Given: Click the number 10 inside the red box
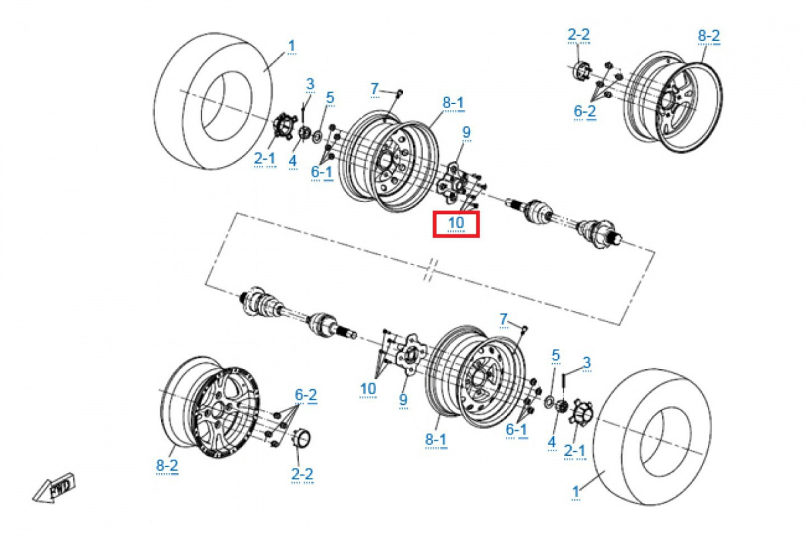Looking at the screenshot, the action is click(x=456, y=223).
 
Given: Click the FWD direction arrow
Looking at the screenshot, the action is click(x=54, y=488).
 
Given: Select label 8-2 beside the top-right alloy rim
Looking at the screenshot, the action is click(x=709, y=36).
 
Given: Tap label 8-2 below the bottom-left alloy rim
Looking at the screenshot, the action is click(x=167, y=466).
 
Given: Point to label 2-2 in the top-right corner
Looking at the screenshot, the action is click(x=578, y=35).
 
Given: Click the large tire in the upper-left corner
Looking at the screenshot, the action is click(x=213, y=101).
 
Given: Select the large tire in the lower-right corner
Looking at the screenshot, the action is click(x=652, y=437).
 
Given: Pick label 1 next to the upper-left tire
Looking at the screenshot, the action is click(x=292, y=46).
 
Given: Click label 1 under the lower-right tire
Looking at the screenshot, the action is click(x=576, y=491).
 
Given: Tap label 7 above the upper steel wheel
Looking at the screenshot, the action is click(x=375, y=89).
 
